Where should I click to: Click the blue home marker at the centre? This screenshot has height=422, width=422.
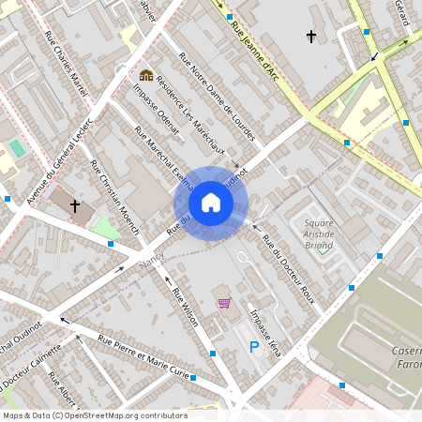click(x=211, y=203)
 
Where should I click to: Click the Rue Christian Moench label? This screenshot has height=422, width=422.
click(x=114, y=196)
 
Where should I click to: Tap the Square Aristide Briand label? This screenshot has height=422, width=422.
click(x=320, y=234)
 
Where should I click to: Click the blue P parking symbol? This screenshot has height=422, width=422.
click(x=253, y=348)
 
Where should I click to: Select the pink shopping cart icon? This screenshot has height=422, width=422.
click(x=224, y=303)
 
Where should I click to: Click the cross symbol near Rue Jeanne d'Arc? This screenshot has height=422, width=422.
click(x=311, y=37)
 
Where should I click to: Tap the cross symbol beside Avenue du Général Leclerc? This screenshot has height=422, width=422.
click(x=75, y=204)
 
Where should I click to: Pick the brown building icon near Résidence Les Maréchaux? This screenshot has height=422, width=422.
click(x=146, y=74)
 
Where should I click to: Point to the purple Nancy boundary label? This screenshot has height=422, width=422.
click(x=150, y=256)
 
